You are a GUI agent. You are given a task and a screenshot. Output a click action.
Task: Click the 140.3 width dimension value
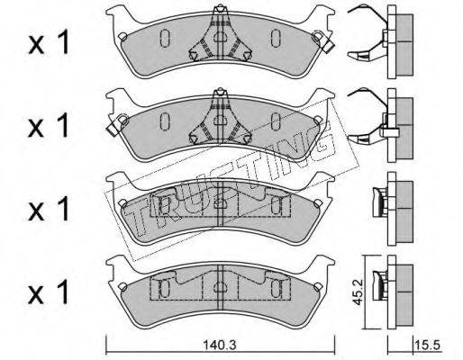[x=220, y=346]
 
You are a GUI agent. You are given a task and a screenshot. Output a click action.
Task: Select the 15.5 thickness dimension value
[x=428, y=345]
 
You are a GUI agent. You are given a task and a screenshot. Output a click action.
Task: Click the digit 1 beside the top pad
[x=62, y=43]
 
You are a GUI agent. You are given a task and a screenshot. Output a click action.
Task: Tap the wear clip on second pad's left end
[x=116, y=125]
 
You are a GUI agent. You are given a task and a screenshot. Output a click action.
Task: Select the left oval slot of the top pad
[x=165, y=39]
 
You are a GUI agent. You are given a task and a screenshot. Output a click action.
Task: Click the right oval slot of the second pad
[x=275, y=121]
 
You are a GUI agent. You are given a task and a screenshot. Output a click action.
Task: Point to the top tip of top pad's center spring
[x=221, y=5]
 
